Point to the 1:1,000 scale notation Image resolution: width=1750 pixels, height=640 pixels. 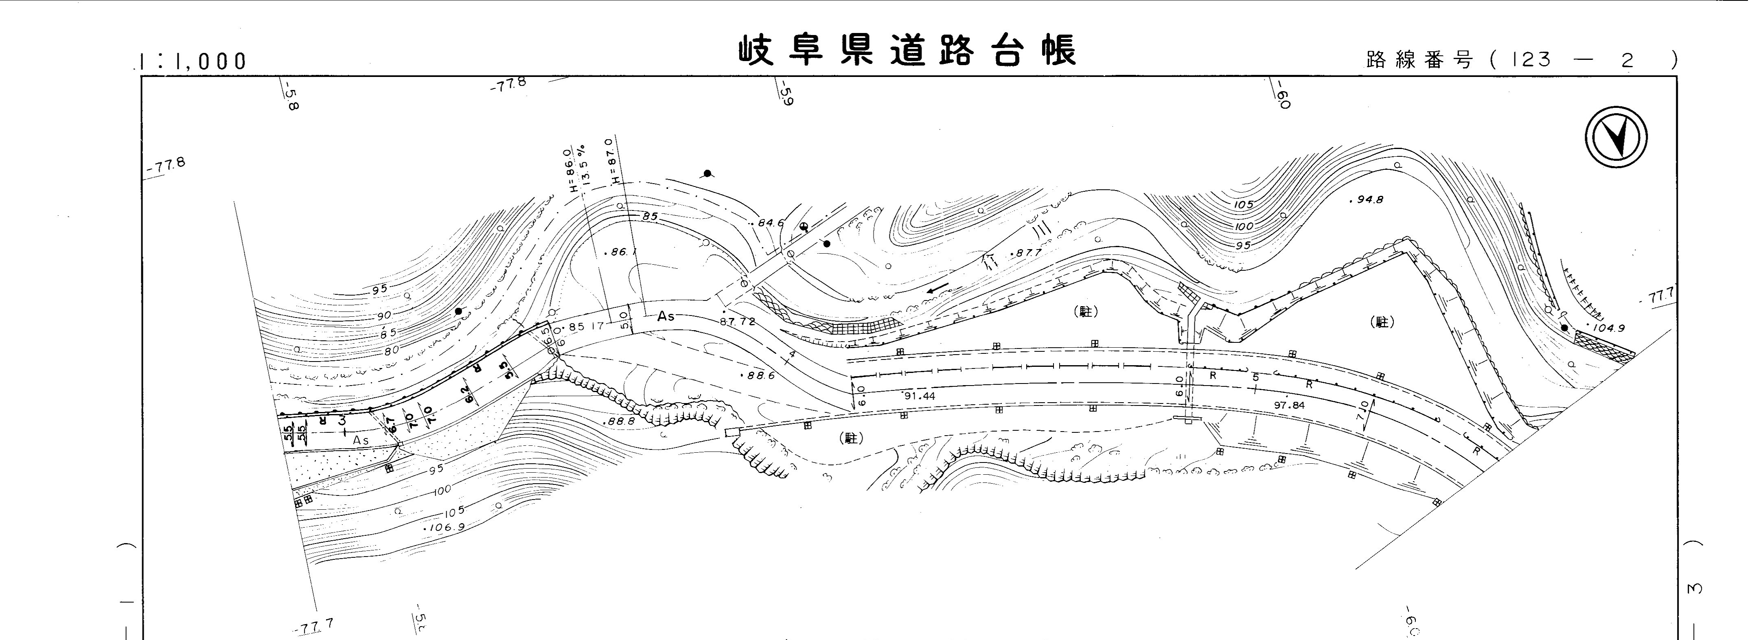pyautogui.click(x=192, y=61)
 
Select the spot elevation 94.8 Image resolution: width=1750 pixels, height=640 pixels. pyautogui.click(x=1367, y=200)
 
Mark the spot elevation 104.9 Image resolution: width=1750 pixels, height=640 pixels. pyautogui.click(x=1607, y=328)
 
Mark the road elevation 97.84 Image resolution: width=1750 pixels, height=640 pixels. pyautogui.click(x=1290, y=405)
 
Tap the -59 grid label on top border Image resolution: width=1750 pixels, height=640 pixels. pyautogui.click(x=786, y=94)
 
